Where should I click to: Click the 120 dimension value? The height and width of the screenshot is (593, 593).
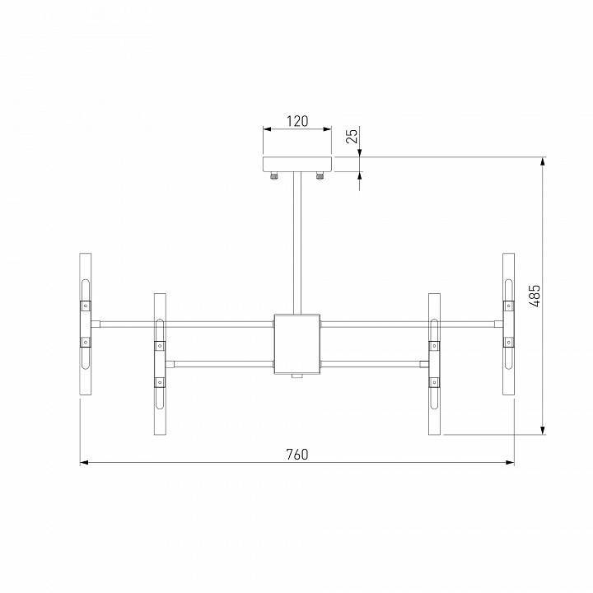[x=296, y=121]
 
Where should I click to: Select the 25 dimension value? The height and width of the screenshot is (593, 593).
[x=353, y=137]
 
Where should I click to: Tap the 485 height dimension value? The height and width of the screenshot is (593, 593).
[x=535, y=295]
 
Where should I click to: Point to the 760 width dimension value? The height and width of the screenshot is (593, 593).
[x=296, y=455]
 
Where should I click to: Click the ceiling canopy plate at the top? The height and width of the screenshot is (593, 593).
[x=296, y=164]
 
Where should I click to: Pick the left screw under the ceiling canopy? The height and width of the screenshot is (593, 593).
[x=274, y=175]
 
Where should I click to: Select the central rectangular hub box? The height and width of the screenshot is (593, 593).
[x=296, y=343]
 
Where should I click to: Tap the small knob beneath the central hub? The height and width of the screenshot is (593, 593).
[x=296, y=376]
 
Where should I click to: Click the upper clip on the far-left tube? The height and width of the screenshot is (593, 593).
[x=84, y=304]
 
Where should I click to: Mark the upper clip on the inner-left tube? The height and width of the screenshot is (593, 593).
[x=159, y=346]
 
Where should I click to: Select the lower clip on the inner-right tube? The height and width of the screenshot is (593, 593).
[x=434, y=381]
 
